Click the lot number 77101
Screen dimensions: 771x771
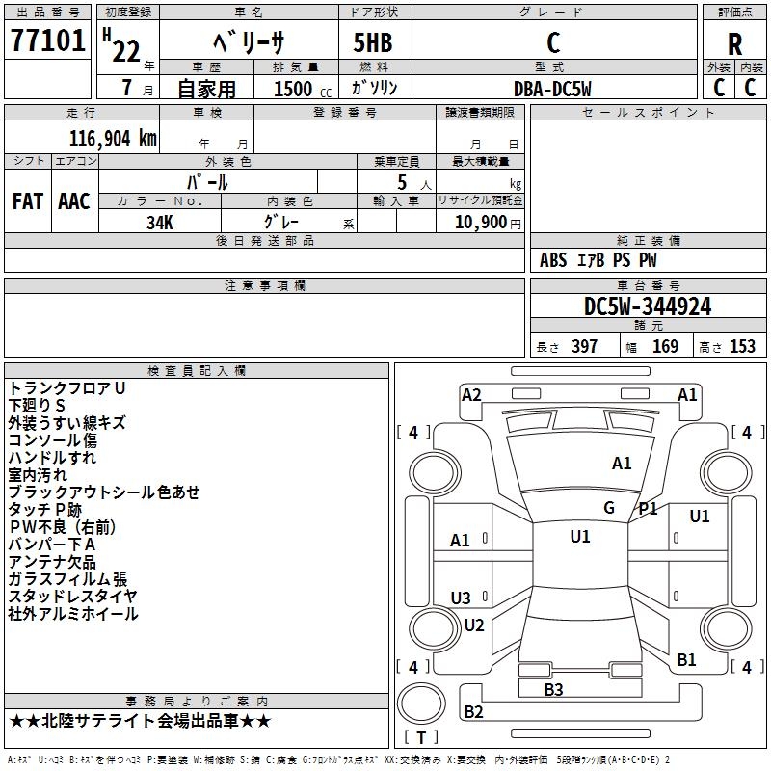[x=47, y=40]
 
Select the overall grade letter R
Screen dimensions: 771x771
[x=734, y=44]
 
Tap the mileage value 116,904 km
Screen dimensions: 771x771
[x=113, y=139]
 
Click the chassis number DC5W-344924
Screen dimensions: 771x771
[x=648, y=306]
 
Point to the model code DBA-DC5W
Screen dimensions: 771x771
[x=552, y=89]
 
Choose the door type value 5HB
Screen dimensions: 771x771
[x=373, y=42]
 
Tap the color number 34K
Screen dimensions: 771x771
[x=160, y=223]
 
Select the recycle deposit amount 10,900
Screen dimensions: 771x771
[x=480, y=223]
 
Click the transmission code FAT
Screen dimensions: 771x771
[x=28, y=201]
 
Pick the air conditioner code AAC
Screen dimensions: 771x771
[x=74, y=201]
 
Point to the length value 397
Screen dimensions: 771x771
[x=584, y=346]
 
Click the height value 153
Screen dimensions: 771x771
[x=742, y=346]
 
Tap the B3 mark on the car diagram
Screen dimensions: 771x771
[x=553, y=689]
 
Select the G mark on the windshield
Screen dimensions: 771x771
[x=609, y=508]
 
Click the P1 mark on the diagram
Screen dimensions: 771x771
[x=648, y=509]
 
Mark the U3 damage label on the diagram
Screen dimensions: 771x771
[x=461, y=598]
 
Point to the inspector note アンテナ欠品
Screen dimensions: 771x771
[x=52, y=562]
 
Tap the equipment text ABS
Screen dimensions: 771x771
[x=553, y=260]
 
